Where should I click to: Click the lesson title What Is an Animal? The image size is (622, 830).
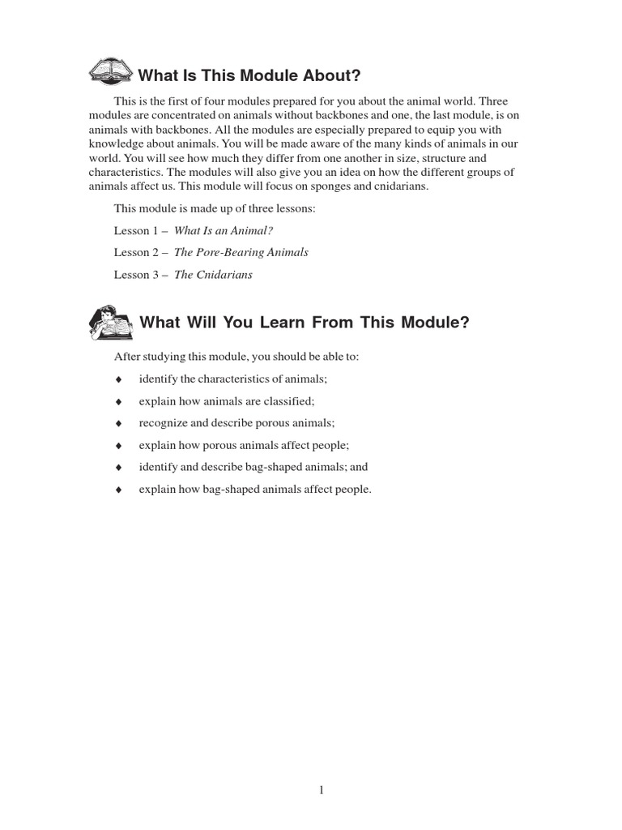[x=224, y=231]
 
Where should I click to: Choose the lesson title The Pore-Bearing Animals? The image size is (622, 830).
[x=241, y=253]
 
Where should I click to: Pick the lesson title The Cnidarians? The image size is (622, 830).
[x=214, y=275]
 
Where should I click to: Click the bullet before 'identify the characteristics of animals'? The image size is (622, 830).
[x=118, y=379]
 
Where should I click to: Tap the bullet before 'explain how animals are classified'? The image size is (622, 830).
[x=118, y=401]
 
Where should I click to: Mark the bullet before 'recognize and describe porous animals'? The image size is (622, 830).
[x=118, y=423]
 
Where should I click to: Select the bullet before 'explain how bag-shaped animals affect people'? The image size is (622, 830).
[x=118, y=490]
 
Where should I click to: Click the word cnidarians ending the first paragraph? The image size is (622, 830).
[x=398, y=186]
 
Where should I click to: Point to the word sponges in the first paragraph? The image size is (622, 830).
[x=334, y=186]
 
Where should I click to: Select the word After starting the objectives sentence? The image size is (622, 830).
[x=126, y=357]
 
